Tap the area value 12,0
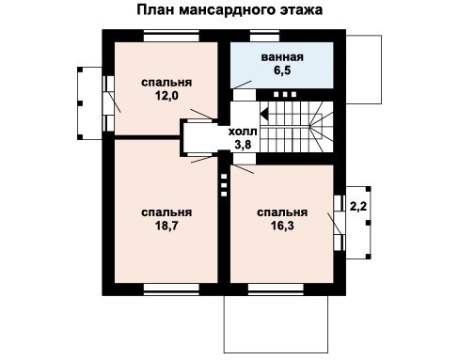166,96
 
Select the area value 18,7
166,226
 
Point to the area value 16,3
282,226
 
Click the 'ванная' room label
282,57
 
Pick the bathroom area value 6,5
282,70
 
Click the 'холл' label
243,132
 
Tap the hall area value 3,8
243,145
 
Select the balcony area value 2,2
358,207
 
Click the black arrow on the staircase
264,114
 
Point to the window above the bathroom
264,36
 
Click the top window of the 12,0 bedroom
171,36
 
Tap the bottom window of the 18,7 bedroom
171,290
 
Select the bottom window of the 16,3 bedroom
276,290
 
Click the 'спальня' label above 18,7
166,212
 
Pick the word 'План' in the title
155,9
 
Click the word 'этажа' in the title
301,10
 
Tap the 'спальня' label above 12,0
166,83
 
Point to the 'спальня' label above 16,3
282,212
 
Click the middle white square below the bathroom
285,94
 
